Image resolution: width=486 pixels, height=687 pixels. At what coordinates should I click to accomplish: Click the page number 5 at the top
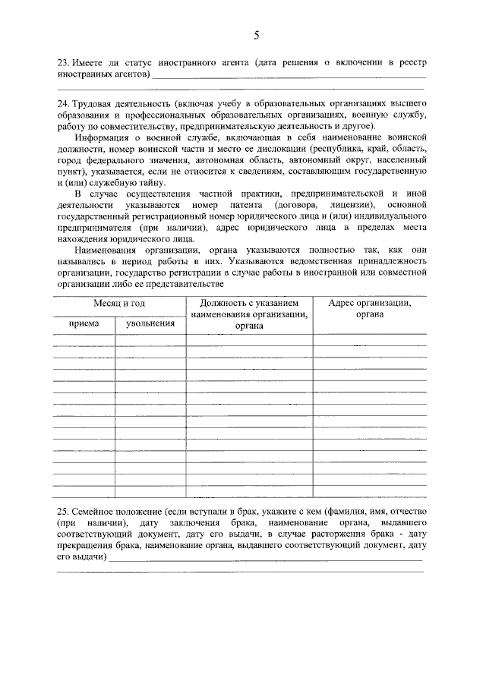[x=257, y=36]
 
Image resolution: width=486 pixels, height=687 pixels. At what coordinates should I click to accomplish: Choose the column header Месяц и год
[x=119, y=304]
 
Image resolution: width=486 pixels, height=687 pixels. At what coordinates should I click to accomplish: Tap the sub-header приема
[x=84, y=323]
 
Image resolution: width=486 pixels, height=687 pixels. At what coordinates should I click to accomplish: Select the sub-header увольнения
[x=150, y=323]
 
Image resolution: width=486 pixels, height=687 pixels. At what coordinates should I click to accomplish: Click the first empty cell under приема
[x=84, y=339]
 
